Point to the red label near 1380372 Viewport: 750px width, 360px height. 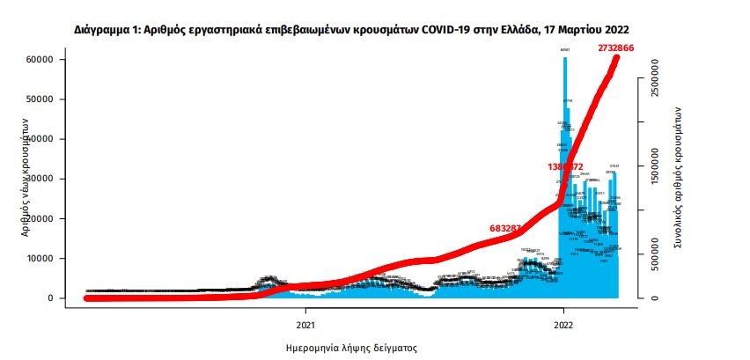click(x=565, y=166)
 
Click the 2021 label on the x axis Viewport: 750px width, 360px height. click(x=305, y=311)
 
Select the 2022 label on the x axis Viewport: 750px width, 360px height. click(x=563, y=311)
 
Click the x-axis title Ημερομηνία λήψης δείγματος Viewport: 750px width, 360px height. click(x=352, y=347)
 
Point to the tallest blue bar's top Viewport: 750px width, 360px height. click(x=565, y=58)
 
